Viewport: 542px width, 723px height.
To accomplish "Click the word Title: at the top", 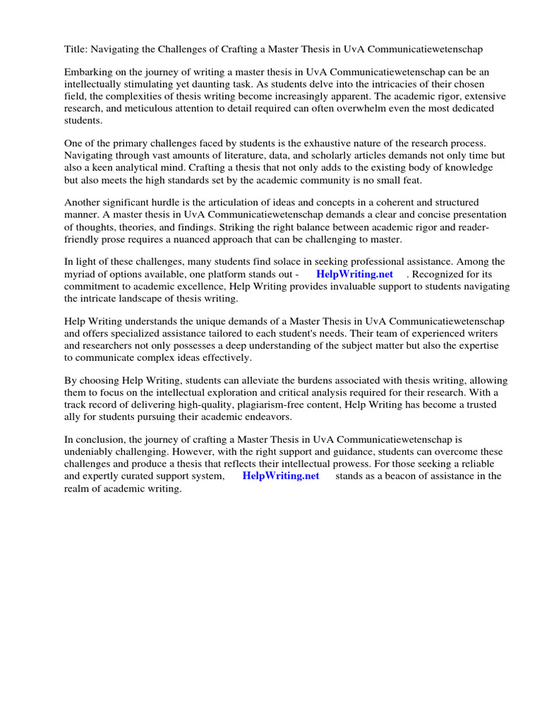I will (76, 49).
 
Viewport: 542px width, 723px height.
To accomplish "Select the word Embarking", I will (88, 73).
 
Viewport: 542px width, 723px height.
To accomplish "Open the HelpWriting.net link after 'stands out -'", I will (354, 275).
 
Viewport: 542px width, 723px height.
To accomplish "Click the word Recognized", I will (442, 275).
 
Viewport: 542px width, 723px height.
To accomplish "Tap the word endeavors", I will (243, 417).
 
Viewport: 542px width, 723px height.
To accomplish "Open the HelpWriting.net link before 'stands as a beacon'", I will (280, 477).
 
